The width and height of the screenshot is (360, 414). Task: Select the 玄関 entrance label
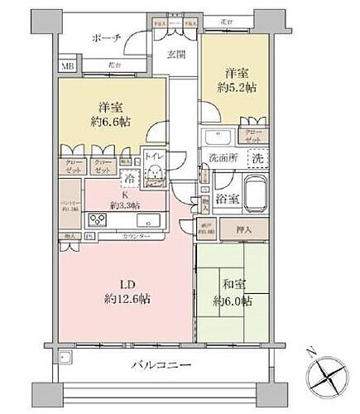pos(176,55)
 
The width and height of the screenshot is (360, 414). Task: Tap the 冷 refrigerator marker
pos(130,176)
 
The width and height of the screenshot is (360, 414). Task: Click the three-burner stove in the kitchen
pos(97,219)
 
